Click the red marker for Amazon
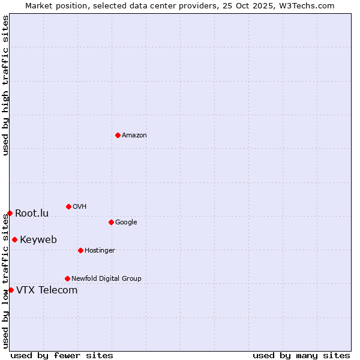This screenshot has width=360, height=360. (x=118, y=135)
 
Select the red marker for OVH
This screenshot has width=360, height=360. (x=68, y=206)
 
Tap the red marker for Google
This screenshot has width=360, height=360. (x=111, y=222)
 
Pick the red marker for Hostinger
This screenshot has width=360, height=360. (x=80, y=250)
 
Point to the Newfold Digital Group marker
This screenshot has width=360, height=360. (x=67, y=278)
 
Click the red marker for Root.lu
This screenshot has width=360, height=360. (x=10, y=213)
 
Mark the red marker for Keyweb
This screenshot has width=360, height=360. (x=14, y=239)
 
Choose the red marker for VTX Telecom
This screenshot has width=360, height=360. (x=11, y=290)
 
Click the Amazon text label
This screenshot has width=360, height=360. (x=134, y=136)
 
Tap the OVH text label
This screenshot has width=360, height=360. (x=80, y=207)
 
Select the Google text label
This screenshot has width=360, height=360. (x=126, y=223)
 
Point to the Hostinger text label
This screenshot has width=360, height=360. (x=100, y=251)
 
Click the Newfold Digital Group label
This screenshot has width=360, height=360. (x=106, y=279)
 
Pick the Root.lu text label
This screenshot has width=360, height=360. (x=32, y=214)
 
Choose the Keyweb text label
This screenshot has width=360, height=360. (x=38, y=240)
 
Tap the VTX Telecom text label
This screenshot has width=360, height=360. (x=47, y=290)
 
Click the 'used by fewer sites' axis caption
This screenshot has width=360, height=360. (x=62, y=355)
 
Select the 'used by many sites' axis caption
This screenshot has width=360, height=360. (x=301, y=355)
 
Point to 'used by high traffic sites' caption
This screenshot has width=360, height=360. (x=5, y=86)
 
